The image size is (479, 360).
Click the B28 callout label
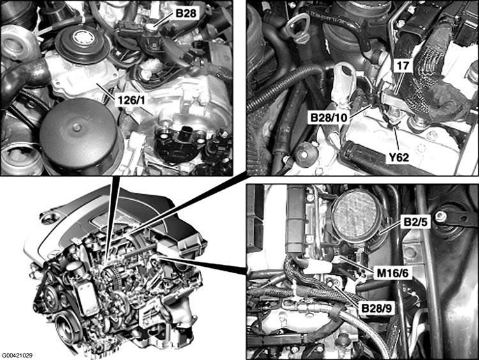pos(186,13)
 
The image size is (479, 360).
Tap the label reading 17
pos(402,66)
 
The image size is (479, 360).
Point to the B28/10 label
pos(329,117)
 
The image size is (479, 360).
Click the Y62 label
pos(398,157)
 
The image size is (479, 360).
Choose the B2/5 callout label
pos(416,222)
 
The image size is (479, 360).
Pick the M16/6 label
pos(393,273)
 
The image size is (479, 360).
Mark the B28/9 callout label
pos(376,308)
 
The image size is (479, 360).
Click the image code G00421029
pos(17,356)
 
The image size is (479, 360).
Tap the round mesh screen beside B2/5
pos(354,215)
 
